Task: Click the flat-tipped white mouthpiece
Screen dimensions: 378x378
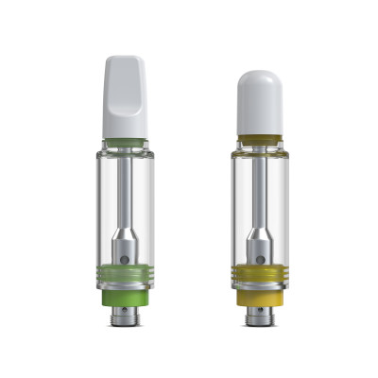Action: (x=125, y=94)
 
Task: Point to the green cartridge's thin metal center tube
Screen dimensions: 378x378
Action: (x=125, y=189)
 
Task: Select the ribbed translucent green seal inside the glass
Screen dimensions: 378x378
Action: (x=125, y=277)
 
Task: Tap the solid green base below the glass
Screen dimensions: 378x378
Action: (x=125, y=297)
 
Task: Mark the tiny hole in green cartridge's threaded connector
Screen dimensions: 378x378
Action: (x=125, y=313)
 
